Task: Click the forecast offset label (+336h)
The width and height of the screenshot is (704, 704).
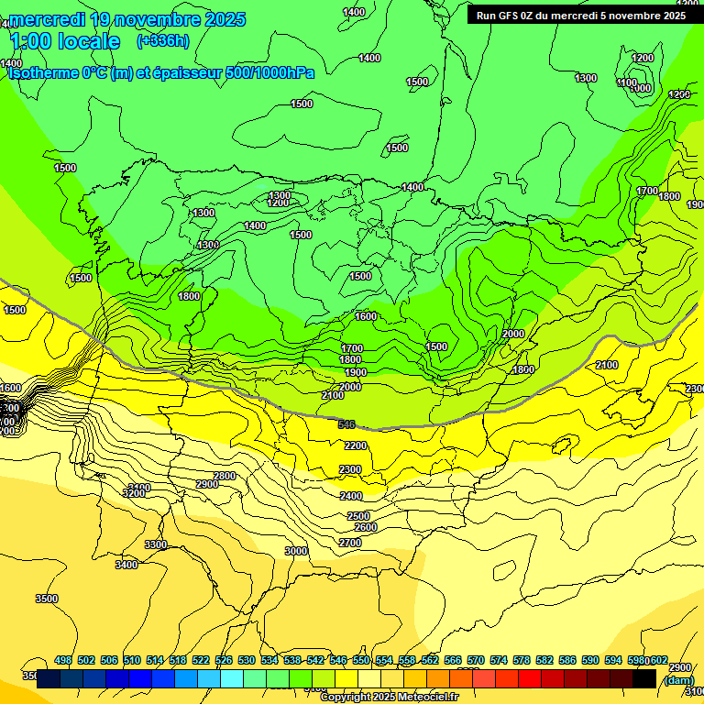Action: (x=163, y=40)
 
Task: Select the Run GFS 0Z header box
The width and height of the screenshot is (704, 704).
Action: (x=581, y=16)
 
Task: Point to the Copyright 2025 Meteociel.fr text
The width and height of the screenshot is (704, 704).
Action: (x=389, y=698)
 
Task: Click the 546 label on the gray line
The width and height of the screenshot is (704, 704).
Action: (x=346, y=424)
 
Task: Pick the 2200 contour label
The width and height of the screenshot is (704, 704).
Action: (x=355, y=446)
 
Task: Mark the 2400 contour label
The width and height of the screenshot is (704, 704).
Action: (x=351, y=496)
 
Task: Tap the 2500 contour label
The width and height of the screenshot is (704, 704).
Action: (x=358, y=516)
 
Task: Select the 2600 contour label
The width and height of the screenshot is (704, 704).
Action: (x=365, y=527)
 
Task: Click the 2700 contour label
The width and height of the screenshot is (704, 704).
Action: (x=349, y=543)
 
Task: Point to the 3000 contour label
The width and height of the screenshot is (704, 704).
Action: (x=295, y=551)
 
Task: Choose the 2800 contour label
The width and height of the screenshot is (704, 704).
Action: (x=225, y=476)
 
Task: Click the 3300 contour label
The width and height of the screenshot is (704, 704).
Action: (x=156, y=544)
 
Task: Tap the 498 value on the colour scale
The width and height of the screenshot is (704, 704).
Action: (x=63, y=660)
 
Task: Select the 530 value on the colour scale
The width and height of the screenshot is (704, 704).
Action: (x=247, y=660)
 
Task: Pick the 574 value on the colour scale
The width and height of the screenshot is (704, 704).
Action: (x=499, y=660)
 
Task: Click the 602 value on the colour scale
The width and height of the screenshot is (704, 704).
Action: (x=658, y=660)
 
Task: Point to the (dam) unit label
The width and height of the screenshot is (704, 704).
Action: (x=678, y=679)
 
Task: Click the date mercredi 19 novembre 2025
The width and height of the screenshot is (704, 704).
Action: (x=127, y=19)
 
